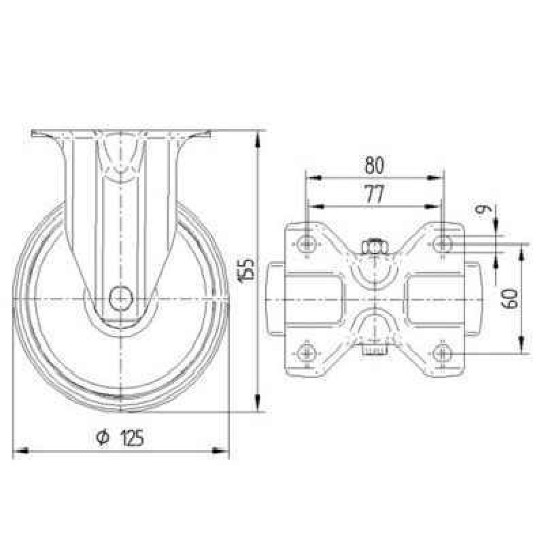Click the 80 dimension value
click(375, 165)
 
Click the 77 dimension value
click(375, 194)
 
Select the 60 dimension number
click(509, 299)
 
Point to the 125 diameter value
click(132, 437)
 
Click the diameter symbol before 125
click(103, 438)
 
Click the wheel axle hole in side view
click(121, 298)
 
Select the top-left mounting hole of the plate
click(307, 245)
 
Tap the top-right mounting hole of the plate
click(443, 244)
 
